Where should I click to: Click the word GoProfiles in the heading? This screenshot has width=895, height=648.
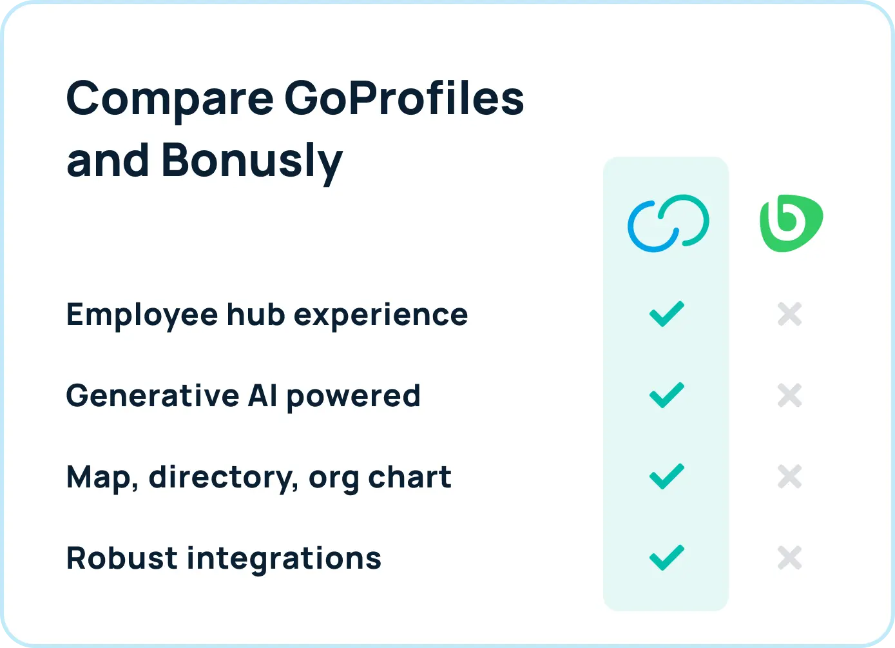point(404,99)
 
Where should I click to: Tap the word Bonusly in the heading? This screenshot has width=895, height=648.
point(252,160)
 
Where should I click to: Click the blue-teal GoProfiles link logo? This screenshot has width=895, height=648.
point(668,223)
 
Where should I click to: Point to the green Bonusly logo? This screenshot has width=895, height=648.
point(791,223)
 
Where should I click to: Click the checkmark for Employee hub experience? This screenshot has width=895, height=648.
point(666,314)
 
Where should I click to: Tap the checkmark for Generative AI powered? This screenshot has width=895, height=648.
point(666,395)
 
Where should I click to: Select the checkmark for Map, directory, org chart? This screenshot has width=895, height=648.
point(666,476)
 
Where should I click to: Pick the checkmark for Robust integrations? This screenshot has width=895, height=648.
point(666,558)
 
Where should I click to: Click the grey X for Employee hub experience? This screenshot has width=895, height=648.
point(789,315)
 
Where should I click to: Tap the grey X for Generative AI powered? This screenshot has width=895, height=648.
point(789,395)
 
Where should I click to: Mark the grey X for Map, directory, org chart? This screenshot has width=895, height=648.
point(789,476)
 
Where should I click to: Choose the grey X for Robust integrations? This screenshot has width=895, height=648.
point(789,558)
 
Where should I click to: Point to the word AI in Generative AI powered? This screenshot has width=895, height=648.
point(263,395)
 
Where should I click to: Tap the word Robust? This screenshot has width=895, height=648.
point(121,558)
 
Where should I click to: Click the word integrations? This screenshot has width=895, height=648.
point(284,558)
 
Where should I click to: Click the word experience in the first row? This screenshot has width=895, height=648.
point(381,315)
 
